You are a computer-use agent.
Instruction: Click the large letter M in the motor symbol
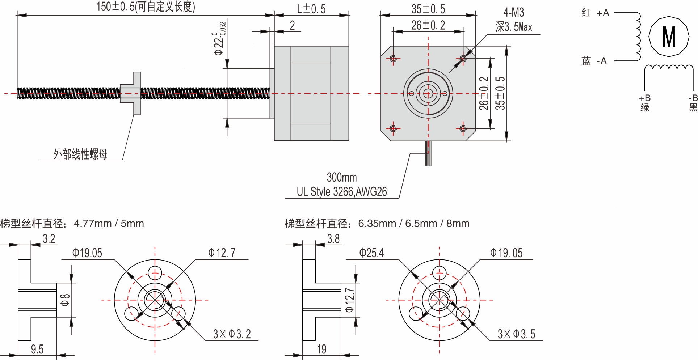click(669, 37)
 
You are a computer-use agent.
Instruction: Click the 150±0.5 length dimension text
click(146, 7)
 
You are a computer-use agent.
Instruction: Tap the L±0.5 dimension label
click(311, 9)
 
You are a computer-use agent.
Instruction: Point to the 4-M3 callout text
click(513, 13)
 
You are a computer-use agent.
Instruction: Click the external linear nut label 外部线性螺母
click(80, 154)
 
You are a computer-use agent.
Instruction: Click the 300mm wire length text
click(341, 177)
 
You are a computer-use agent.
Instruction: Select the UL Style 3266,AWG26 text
click(341, 191)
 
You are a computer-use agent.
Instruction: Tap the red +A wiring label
click(595, 13)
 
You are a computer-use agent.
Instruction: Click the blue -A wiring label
click(594, 61)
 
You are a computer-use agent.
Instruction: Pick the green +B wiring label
click(645, 103)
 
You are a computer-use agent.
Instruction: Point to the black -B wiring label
click(693, 103)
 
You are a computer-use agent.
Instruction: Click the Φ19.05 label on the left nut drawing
click(87, 253)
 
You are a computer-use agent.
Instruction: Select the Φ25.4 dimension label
click(371, 253)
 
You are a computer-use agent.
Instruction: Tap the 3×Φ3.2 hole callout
click(232, 334)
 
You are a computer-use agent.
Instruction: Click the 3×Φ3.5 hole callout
click(516, 334)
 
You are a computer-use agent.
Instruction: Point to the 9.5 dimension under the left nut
click(37, 349)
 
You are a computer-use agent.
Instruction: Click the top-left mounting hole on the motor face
click(394, 58)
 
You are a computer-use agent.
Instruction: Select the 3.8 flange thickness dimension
click(333, 239)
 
